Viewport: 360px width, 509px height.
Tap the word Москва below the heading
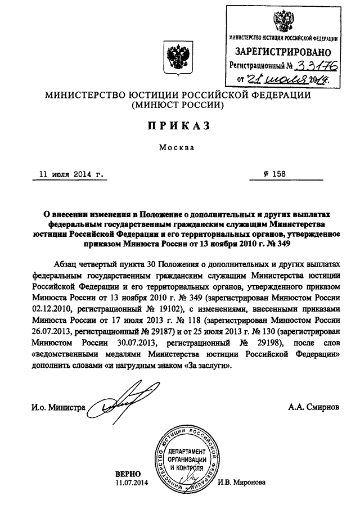[x=179, y=149]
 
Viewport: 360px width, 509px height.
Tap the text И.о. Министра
[x=54, y=407]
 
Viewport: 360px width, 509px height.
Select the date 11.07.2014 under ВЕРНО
[x=130, y=483]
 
